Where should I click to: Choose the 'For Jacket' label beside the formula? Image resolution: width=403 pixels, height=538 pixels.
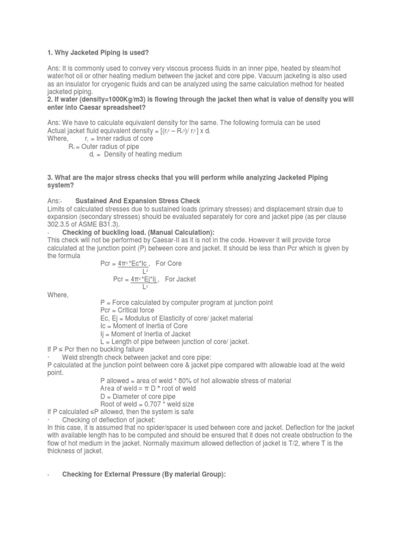pyautogui.click(x=180, y=279)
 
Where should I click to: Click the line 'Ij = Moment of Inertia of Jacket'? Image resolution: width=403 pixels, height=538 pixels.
pyautogui.click(x=145, y=334)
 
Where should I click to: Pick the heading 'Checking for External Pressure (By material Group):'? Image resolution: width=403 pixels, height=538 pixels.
pyautogui.click(x=144, y=474)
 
